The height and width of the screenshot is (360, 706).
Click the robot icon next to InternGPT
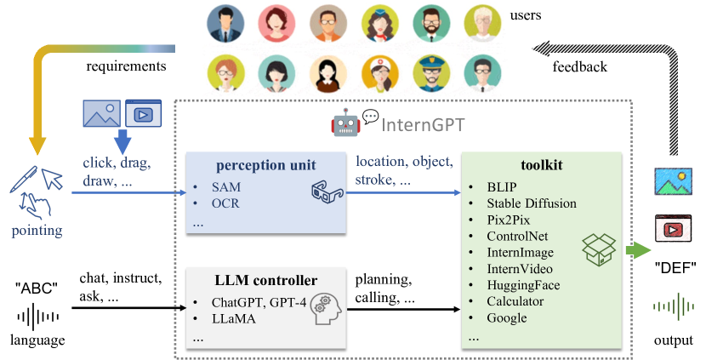[x=344, y=125]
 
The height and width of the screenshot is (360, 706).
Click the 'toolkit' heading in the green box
[x=543, y=164]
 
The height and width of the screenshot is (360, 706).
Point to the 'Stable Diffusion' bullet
[x=532, y=203]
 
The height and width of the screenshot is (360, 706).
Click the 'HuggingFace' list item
[x=523, y=285]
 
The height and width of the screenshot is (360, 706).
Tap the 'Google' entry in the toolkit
[x=508, y=317]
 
